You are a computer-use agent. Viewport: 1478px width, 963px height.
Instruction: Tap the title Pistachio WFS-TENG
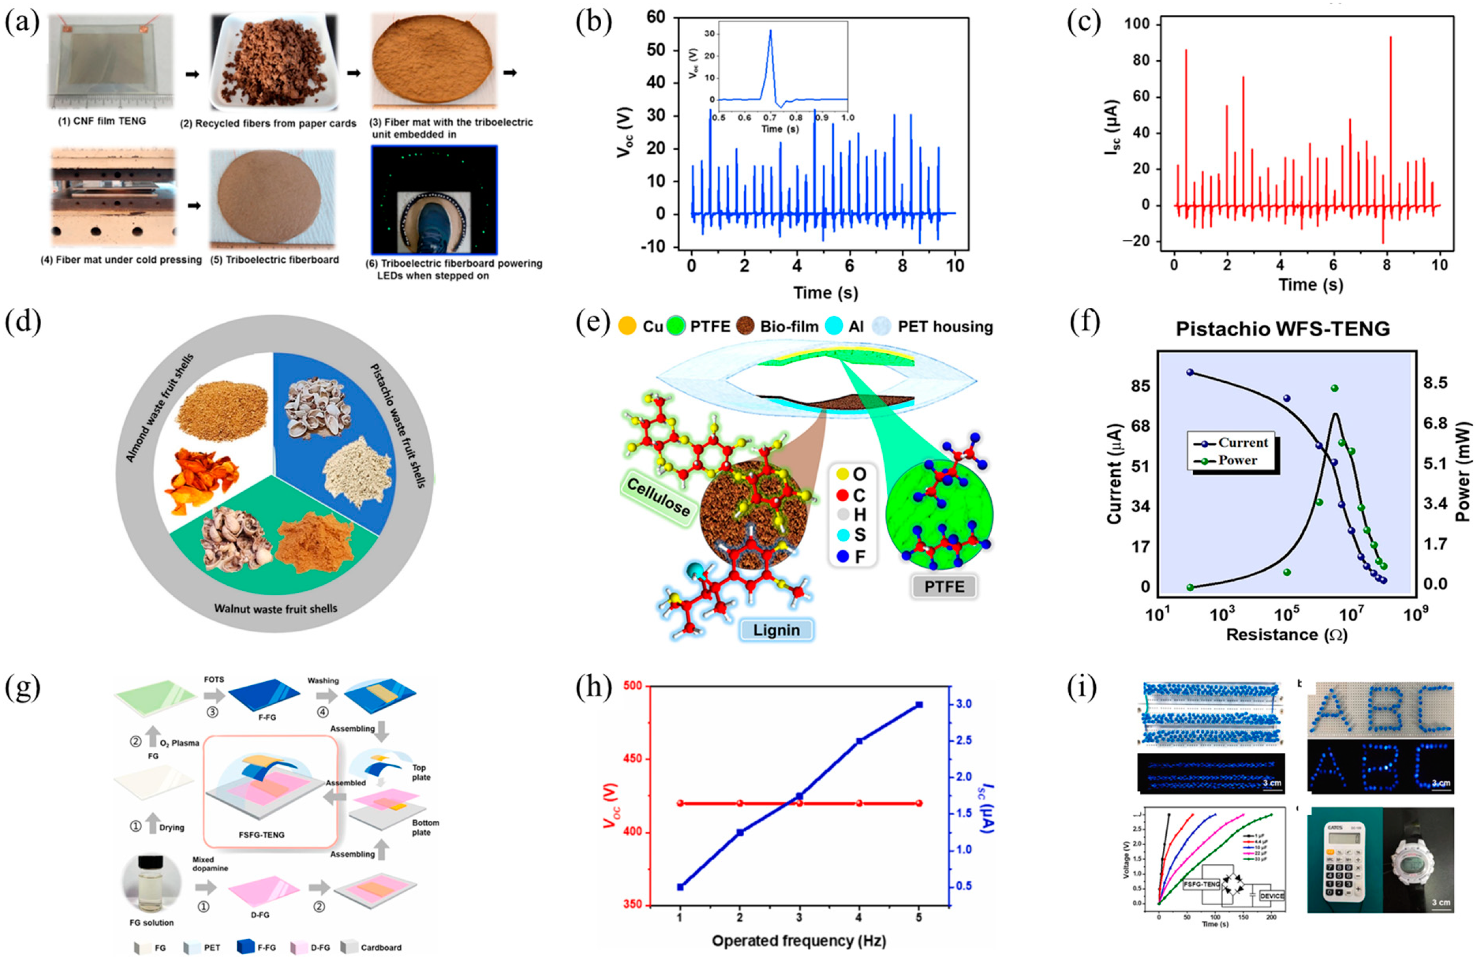coord(1283,328)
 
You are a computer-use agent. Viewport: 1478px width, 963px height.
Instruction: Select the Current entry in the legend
coord(1233,443)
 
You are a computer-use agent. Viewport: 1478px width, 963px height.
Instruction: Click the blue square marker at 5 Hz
coord(919,705)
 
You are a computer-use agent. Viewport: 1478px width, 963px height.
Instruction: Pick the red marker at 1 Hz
coord(680,804)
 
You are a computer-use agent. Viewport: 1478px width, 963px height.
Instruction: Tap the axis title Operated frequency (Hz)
coord(798,941)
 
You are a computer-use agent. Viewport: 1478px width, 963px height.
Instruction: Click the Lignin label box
coord(776,630)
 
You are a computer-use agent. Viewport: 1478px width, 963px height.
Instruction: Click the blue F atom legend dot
coord(843,557)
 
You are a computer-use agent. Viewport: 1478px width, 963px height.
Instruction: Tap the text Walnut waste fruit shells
coord(276,608)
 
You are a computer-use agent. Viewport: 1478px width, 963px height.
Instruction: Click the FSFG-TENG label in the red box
coord(262,835)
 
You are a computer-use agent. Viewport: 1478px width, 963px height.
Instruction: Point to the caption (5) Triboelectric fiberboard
coord(274,260)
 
